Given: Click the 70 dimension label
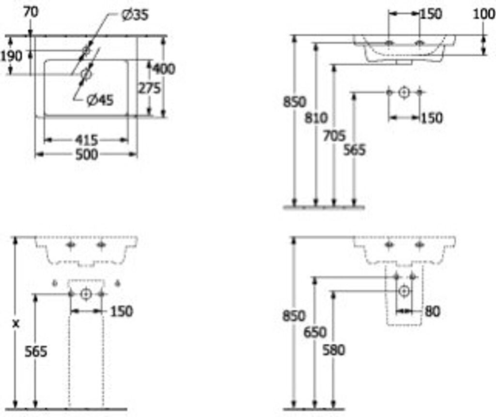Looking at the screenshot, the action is (x=31, y=12).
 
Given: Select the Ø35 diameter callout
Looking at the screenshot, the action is (x=135, y=15).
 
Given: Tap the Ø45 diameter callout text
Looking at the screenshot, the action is (x=100, y=100).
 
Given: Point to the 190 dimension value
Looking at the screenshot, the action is (x=11, y=56).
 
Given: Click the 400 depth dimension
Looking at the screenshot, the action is (x=164, y=69).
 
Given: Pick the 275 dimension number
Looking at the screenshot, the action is (x=149, y=88).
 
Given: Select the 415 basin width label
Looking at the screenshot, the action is (x=86, y=140).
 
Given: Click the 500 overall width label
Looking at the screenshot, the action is (x=86, y=154).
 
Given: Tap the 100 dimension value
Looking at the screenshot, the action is (x=484, y=14).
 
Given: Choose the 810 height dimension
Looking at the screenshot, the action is (x=316, y=118).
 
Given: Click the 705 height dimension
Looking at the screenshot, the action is (x=334, y=137).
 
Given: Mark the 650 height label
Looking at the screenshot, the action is (x=315, y=333).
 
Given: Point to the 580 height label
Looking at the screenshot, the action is (x=333, y=349).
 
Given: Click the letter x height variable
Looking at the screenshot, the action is (x=15, y=324).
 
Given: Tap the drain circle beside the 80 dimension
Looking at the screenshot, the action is (x=404, y=291).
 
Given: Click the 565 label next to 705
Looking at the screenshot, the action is (x=355, y=150).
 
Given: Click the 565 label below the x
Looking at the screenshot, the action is (x=36, y=351).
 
